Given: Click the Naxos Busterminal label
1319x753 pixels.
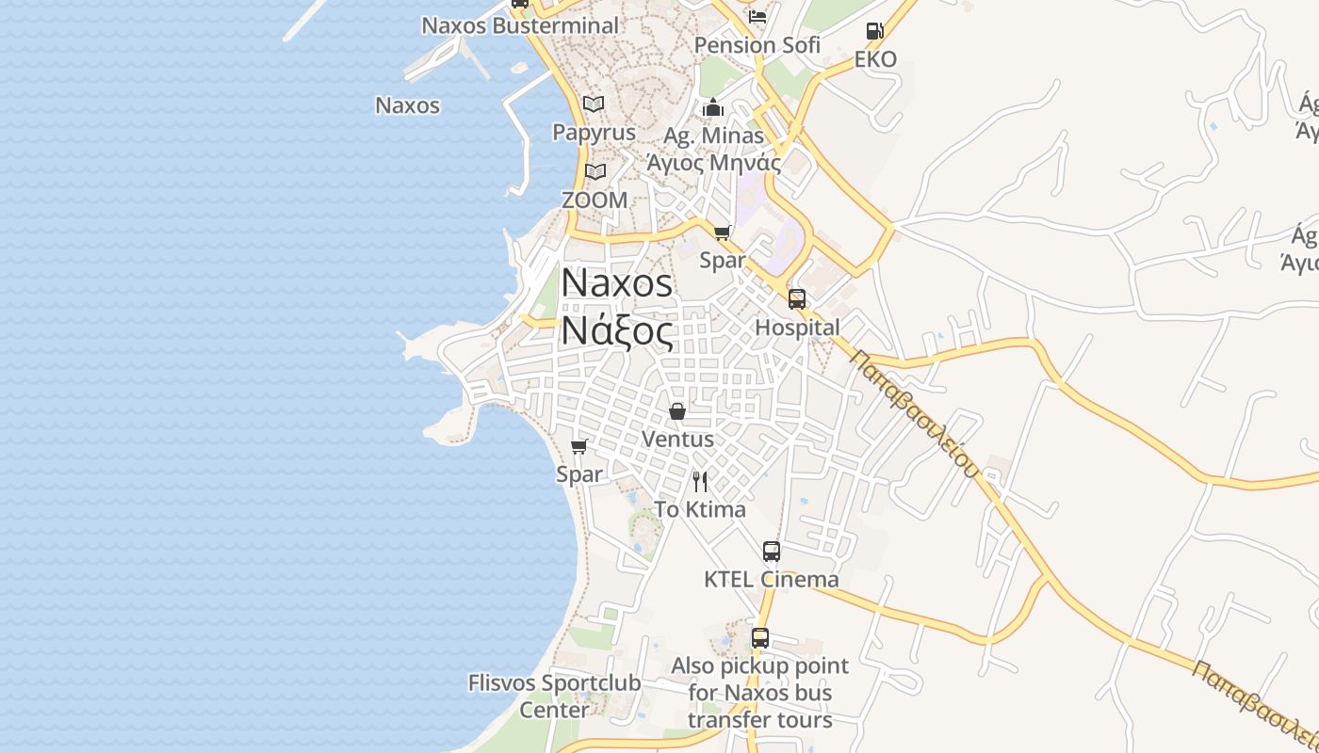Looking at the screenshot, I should pos(520,25).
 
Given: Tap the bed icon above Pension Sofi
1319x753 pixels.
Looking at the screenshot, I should pos(757,16).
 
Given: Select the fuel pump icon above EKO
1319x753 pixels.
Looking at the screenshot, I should pos(874,31).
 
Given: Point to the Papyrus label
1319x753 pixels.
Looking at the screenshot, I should pos(594,133).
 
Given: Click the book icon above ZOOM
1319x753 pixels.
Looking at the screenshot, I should pos(594,171).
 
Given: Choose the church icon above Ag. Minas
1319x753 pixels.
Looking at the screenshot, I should pos(713,107).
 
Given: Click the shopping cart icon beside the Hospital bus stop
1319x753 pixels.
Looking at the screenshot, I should pos(723,232).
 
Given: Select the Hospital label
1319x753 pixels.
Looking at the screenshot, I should pos(797,328).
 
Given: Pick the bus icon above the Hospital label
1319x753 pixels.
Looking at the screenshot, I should pos(797,299).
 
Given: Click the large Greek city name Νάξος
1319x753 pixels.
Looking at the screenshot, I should pos(617,331).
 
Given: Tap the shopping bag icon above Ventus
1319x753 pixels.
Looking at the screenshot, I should pos(677,411).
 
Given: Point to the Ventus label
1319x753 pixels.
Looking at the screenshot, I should pos(677,439).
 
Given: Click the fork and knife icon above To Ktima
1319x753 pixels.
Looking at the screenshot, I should pos(700,482).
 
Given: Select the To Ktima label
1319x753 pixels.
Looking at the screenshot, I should pos(700,509).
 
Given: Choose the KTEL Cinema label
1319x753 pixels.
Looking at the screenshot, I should pos(771,579).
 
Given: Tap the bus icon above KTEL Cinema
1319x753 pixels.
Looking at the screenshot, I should pos(772,552).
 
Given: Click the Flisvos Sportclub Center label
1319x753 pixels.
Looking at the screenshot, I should pos(554,696).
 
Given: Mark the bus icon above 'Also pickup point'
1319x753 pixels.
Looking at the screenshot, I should pos(760,638).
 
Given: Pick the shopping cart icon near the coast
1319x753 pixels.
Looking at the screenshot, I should pos(579,446).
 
